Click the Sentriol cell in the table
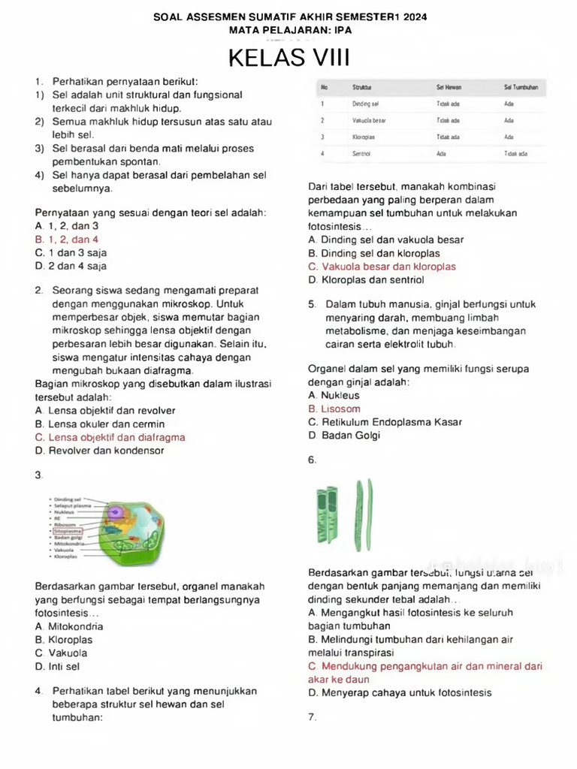point(361,153)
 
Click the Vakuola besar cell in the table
point(369,120)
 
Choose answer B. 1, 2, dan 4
point(67,240)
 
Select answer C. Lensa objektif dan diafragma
point(110,437)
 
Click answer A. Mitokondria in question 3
point(69,626)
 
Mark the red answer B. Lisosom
point(334,409)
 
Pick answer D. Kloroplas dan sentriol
point(366,280)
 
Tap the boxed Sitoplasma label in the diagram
point(68,531)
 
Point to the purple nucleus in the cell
point(117,511)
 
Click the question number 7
point(312,717)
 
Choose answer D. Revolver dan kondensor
point(99,451)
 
